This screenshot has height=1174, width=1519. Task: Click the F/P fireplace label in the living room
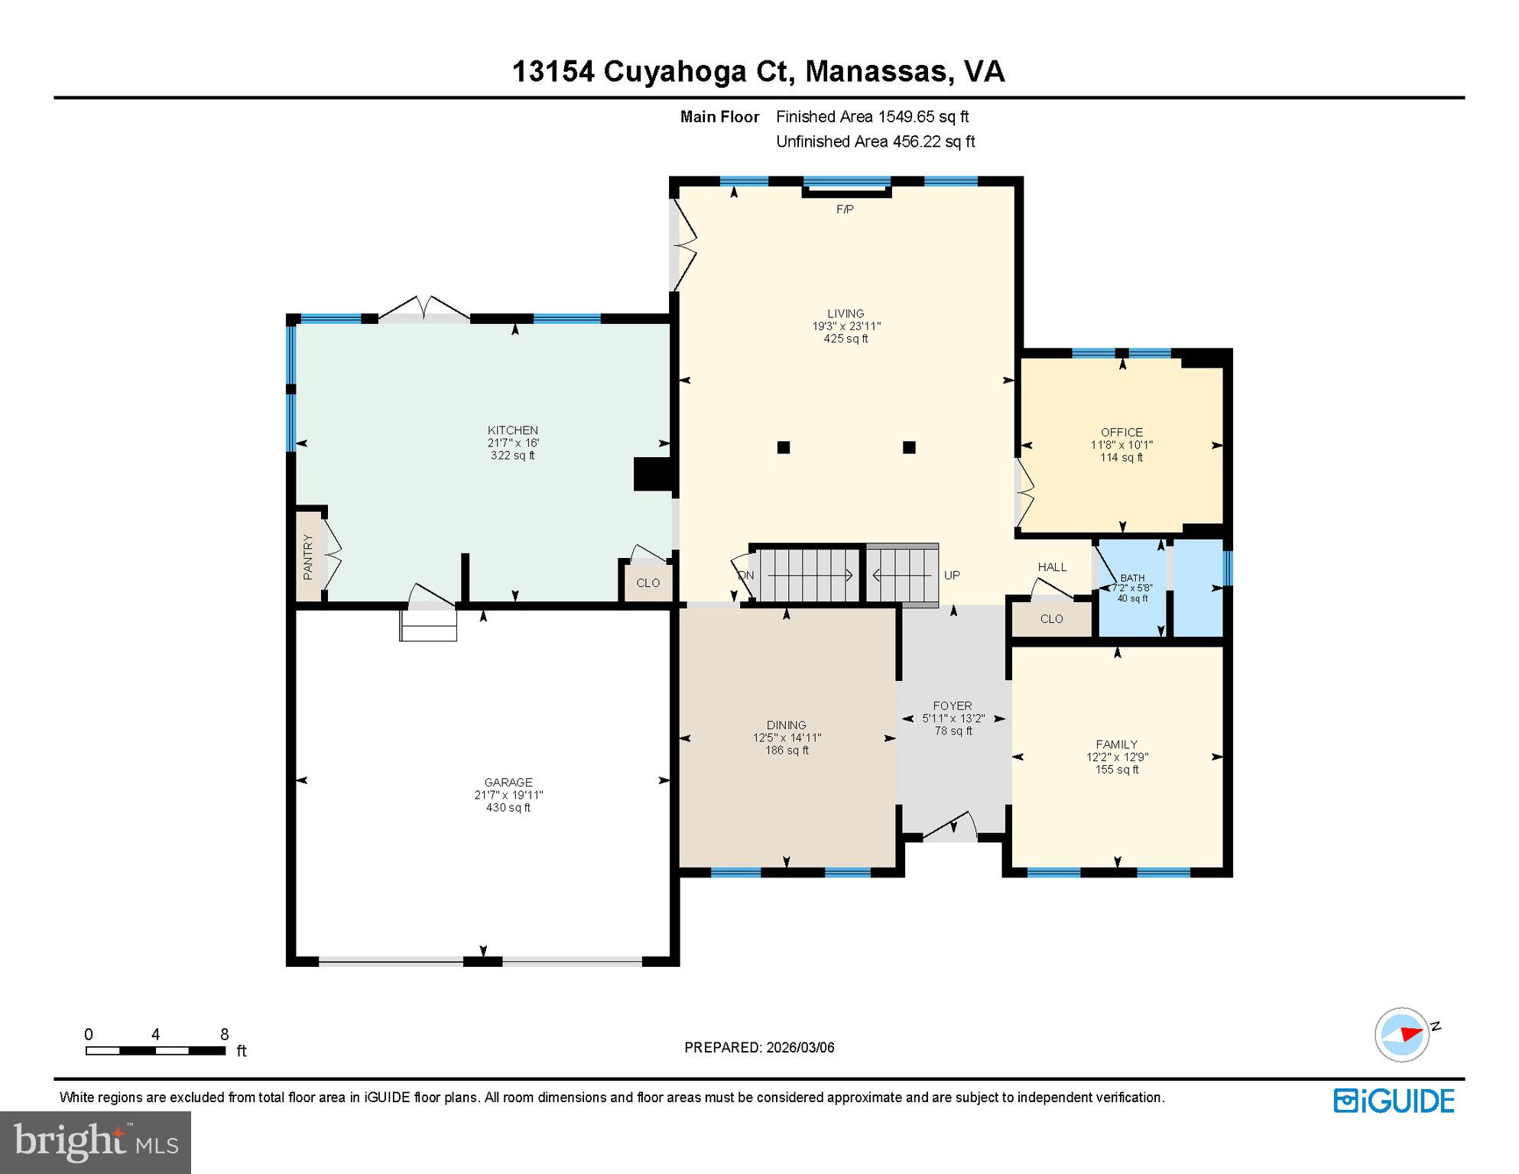pos(845,209)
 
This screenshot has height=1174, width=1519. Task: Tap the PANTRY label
pos(308,557)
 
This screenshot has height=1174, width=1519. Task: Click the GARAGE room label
pos(508,782)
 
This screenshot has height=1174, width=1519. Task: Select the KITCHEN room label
pos(513,430)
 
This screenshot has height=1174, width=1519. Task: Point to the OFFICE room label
pos(1121,433)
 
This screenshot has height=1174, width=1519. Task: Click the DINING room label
pos(787,725)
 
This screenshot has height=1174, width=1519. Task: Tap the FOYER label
pos(953,706)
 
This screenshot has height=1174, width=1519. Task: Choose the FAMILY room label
pos(1117,744)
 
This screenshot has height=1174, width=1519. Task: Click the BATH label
pos(1132,579)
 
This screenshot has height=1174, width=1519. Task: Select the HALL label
pos(1052,567)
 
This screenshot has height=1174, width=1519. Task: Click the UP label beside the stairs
pos(952,576)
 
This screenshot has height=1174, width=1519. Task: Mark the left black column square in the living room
pos(784,448)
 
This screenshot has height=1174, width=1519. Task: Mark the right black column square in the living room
pos(909,448)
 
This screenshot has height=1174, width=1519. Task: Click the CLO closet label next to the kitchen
pos(648,583)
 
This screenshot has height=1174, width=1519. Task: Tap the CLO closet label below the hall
pos(1051,619)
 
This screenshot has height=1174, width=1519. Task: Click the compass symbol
pos(1402,1035)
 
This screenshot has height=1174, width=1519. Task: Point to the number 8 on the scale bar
pos(224,1035)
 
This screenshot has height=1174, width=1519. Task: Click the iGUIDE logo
pos(1394,1101)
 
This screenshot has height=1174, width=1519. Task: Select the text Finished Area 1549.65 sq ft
pos(872,117)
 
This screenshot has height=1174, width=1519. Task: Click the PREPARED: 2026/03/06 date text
pos(759,1048)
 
